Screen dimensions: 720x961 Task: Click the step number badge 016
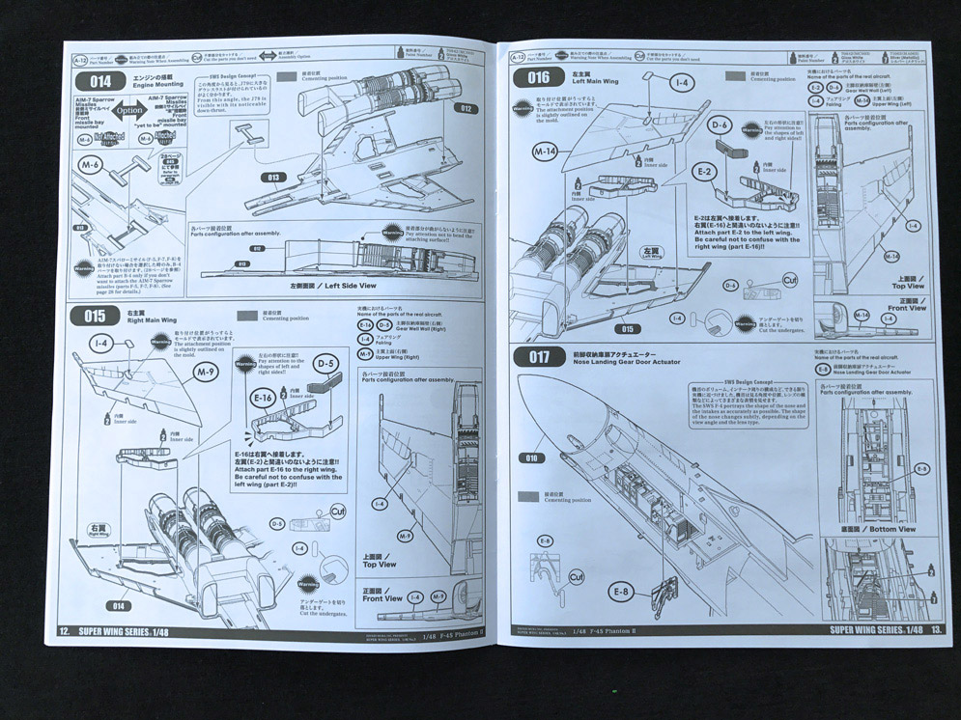(538, 77)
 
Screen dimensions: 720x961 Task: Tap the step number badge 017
(539, 356)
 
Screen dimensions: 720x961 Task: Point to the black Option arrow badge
(128, 110)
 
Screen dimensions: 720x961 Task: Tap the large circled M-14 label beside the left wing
(545, 152)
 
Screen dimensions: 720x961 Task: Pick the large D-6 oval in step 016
(719, 125)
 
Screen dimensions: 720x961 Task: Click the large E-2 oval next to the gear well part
(705, 172)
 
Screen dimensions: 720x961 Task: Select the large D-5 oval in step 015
(327, 365)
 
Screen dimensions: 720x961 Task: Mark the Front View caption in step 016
(906, 308)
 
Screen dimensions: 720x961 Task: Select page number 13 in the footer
(936, 628)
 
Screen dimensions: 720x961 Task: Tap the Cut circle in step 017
(577, 577)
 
